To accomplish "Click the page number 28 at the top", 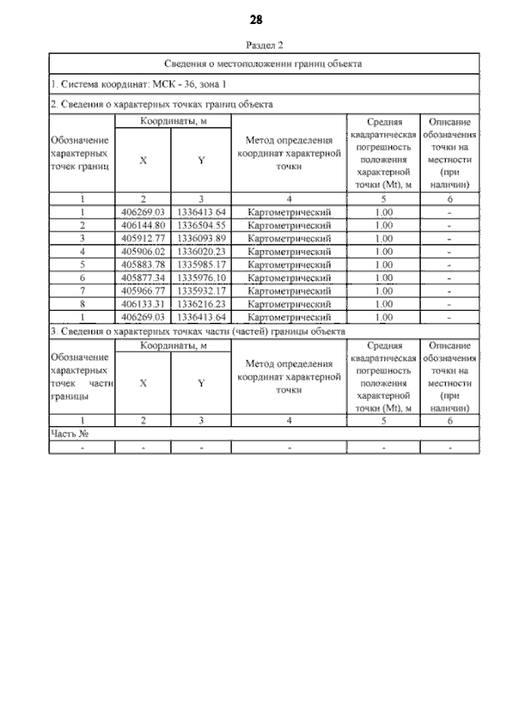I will [x=256, y=19].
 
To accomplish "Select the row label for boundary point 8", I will [x=83, y=304].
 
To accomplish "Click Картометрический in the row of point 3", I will [x=289, y=238].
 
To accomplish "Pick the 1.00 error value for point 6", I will [x=383, y=277].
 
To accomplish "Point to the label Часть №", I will [x=68, y=433].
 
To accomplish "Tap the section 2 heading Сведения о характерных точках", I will [x=162, y=104].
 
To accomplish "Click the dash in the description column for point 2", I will [x=450, y=225].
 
